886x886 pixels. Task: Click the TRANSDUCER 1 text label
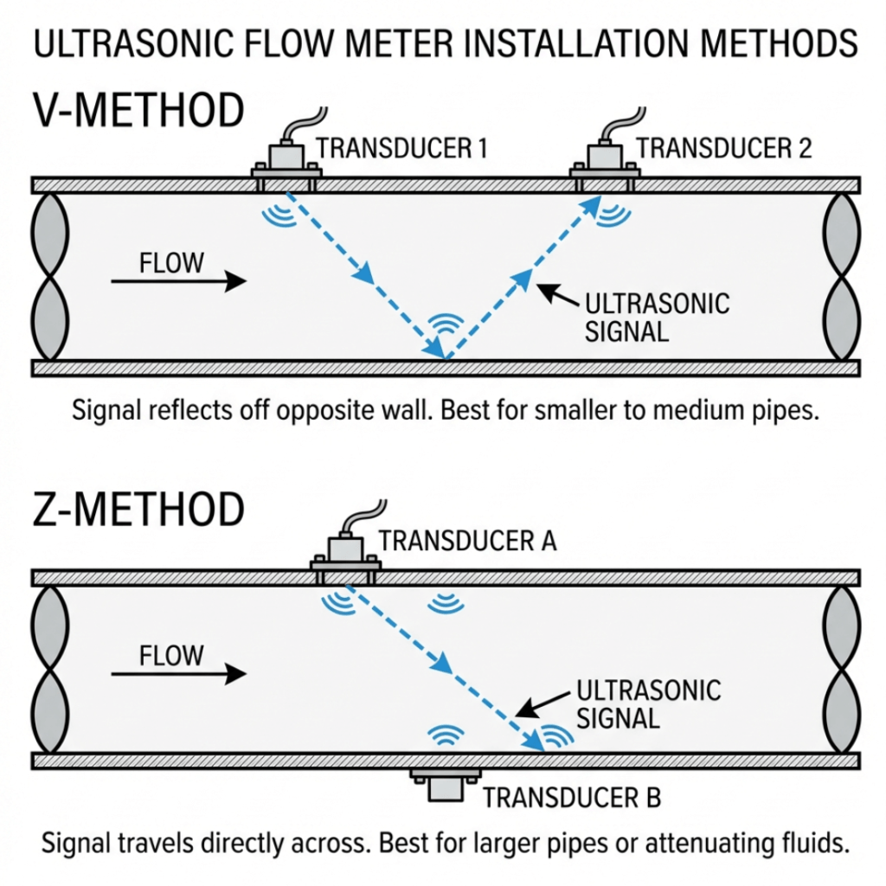pos(401,148)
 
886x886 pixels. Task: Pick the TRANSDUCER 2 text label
pos(724,148)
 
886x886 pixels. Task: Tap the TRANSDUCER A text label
pos(467,542)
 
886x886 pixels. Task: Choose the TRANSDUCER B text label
pos(572,797)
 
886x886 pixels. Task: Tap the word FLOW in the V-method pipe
pos(171,262)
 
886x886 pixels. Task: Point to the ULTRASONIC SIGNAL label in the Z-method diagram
pos(648,703)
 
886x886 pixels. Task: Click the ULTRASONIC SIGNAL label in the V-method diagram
pos(658,318)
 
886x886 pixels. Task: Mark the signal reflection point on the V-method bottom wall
pos(444,357)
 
